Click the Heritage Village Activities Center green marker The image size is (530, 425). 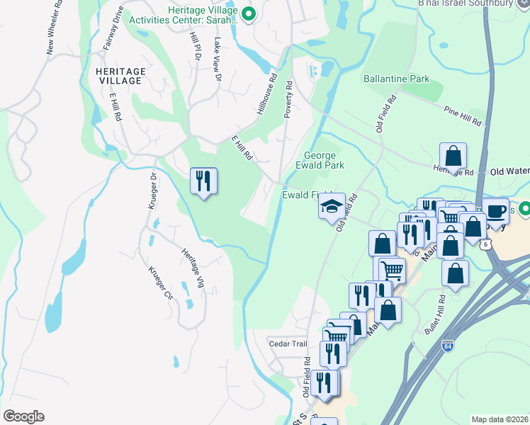click(x=249, y=14)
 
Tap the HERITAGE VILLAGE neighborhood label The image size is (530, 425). click(x=119, y=76)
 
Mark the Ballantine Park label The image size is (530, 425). click(x=397, y=77)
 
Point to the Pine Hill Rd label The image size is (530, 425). click(x=462, y=117)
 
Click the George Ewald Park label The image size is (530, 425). click(x=324, y=160)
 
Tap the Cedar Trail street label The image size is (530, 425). click(x=288, y=344)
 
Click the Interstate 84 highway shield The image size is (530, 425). click(x=447, y=346)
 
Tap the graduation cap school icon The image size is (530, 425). click(x=331, y=207)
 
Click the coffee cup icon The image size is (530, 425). click(x=495, y=210)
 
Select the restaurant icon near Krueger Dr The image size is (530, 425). click(x=203, y=181)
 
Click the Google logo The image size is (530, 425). click(x=23, y=416)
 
